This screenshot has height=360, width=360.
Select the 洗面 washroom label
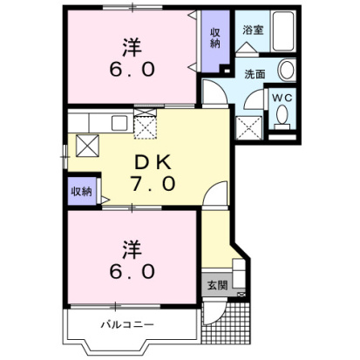[x=255, y=73]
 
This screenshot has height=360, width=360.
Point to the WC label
[x=282, y=98]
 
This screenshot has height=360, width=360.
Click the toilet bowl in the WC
[x=282, y=121]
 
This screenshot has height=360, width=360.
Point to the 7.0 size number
[x=155, y=184]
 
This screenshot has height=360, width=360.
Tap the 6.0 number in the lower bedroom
[x=131, y=270]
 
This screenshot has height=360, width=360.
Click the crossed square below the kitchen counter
[x=87, y=146]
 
